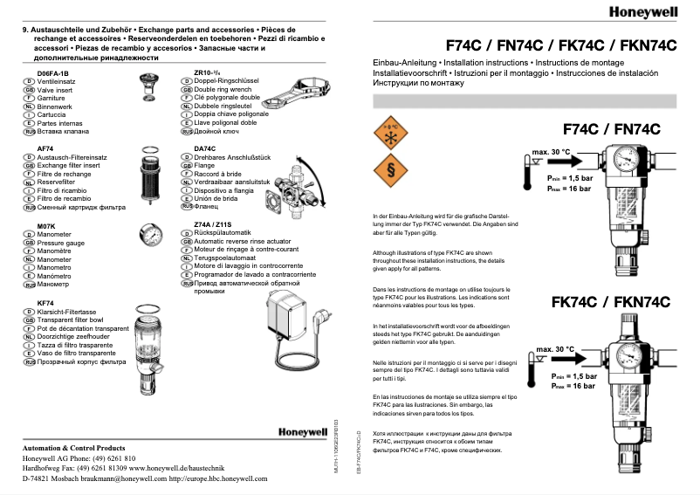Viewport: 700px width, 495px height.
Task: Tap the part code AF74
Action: coord(45,149)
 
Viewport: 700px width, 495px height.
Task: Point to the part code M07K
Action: coord(46,226)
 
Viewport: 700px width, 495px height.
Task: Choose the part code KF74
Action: coord(46,303)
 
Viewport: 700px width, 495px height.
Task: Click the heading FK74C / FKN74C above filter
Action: coord(610,303)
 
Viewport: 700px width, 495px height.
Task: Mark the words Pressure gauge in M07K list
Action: coord(62,243)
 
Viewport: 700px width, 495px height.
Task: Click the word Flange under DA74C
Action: coord(204,166)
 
